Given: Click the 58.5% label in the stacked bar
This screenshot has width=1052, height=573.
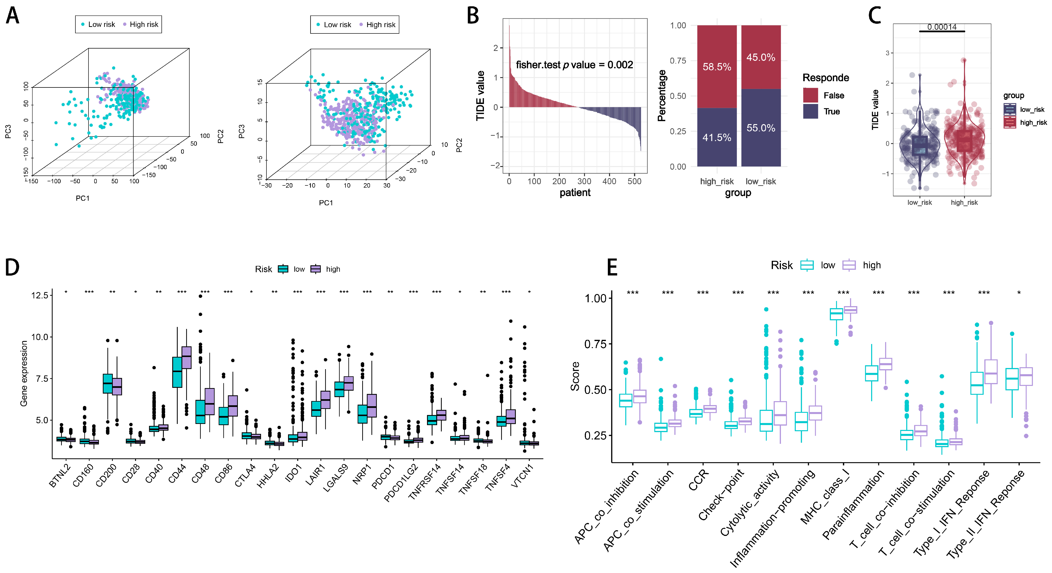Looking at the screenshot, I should point(717,67).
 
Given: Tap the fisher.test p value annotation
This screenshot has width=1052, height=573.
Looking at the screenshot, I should point(574,65).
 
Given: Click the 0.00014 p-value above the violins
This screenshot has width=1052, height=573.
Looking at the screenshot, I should point(942,27).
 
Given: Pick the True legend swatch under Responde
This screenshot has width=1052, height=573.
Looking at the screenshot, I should point(810,111).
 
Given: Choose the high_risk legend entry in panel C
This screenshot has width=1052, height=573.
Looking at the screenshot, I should point(1025,122).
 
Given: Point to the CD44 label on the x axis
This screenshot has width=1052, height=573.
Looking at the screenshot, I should point(177,474).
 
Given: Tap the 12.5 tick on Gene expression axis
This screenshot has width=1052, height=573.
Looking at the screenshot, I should point(40,295).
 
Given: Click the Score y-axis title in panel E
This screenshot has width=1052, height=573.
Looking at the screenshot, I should point(575,376).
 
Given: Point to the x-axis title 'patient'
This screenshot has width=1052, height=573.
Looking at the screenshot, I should point(575,193).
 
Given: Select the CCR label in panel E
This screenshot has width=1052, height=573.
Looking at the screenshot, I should point(699,480).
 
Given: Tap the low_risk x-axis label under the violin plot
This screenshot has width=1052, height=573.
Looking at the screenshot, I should point(919,203).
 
